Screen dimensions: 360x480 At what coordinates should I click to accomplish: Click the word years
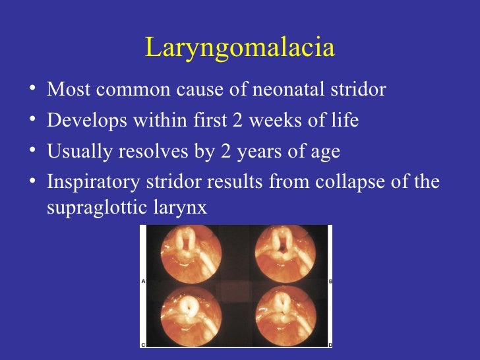(x=245, y=153)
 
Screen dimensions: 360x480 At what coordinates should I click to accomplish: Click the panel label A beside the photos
(x=144, y=281)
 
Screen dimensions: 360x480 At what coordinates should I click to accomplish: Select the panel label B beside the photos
(x=330, y=281)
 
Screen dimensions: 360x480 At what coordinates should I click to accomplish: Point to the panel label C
(x=144, y=344)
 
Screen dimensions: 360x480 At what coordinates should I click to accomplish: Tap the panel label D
(x=330, y=344)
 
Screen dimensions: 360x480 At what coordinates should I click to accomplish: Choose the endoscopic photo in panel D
(x=285, y=315)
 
